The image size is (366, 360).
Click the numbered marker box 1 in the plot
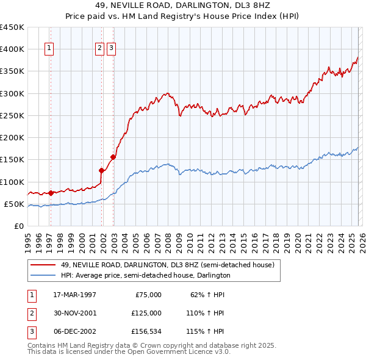(49, 49)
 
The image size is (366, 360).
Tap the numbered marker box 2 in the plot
(99, 49)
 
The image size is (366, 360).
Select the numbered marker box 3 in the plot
(112, 49)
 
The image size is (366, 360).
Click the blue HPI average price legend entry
(145, 275)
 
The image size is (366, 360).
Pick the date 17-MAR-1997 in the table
(74, 294)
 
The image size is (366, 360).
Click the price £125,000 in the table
(146, 313)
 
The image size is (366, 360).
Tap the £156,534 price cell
(146, 331)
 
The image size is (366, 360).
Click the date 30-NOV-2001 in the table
(74, 313)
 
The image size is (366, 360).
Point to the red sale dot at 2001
(102, 171)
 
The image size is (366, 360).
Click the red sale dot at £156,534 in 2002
(113, 157)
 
